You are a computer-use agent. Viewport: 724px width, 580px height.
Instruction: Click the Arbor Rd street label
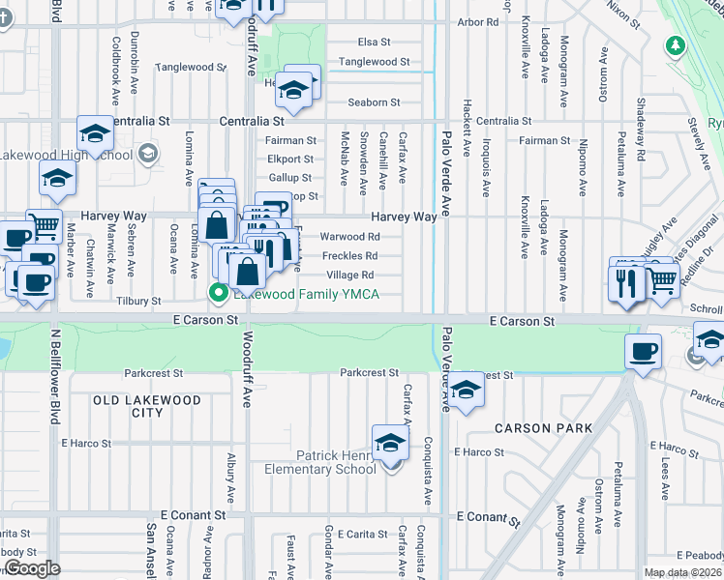(478, 21)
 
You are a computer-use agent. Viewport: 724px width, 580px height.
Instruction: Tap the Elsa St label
(374, 43)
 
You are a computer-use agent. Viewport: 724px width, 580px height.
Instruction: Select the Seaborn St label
(374, 102)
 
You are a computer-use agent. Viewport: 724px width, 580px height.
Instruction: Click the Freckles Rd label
(349, 256)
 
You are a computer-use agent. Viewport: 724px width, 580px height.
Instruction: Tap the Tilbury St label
(139, 302)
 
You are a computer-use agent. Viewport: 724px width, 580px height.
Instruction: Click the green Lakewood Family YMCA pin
(219, 293)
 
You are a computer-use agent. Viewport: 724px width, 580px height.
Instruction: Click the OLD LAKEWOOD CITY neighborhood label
(147, 406)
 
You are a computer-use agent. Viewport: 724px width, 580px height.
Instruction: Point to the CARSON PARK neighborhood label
(543, 428)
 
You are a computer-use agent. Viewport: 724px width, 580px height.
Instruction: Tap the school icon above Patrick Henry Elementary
(390, 442)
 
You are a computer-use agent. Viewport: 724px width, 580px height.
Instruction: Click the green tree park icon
(676, 44)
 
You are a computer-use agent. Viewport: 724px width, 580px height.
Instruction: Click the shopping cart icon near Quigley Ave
(661, 279)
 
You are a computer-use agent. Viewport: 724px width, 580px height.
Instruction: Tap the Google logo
(32, 569)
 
